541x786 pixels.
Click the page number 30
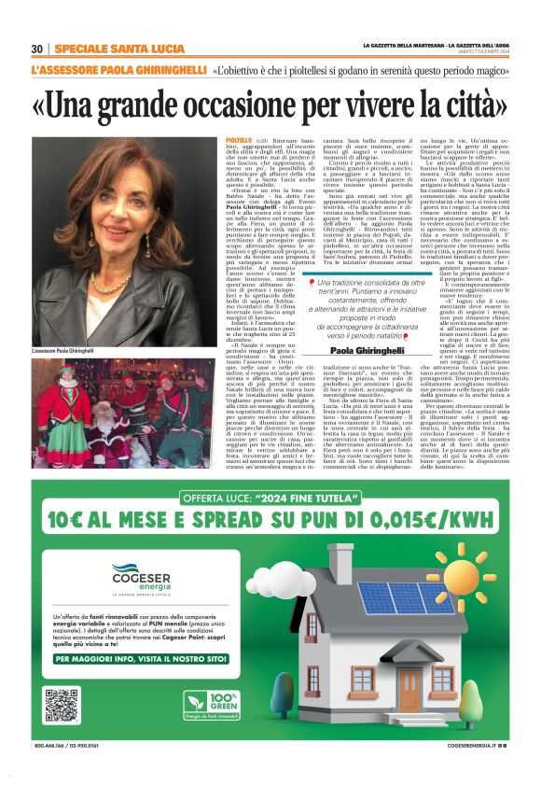coord(37,49)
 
